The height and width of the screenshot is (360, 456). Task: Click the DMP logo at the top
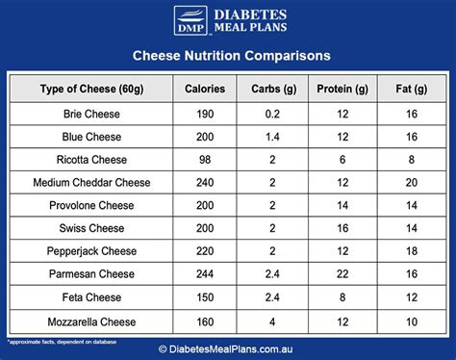189,21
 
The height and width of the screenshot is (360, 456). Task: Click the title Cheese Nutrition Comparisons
228,56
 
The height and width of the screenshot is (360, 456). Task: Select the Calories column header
205,90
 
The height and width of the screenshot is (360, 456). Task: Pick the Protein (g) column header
342,90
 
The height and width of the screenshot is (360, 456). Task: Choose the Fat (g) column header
411,90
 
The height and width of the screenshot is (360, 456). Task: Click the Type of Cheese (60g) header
91,90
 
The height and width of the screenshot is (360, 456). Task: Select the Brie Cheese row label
91,113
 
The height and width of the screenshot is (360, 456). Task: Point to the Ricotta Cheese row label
91,159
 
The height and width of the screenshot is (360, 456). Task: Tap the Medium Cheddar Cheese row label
91,182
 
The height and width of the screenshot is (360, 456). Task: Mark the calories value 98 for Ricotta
205,159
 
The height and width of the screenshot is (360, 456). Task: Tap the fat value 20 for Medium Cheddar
411,182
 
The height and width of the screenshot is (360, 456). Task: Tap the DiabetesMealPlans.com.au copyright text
228,350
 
